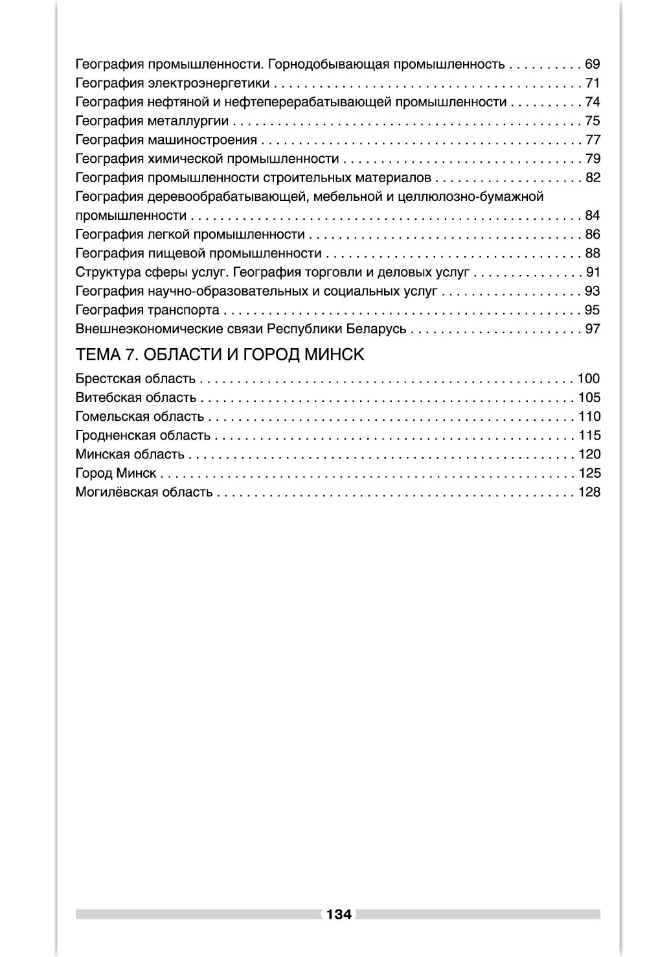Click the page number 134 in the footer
(x=339, y=914)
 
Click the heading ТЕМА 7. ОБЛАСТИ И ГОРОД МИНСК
(x=220, y=355)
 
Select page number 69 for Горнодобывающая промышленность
(x=593, y=64)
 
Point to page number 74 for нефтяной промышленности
(x=593, y=102)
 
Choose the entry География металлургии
(x=152, y=121)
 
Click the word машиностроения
(x=202, y=140)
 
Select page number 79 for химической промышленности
(x=593, y=158)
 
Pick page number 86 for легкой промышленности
(x=593, y=234)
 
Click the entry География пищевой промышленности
(x=198, y=253)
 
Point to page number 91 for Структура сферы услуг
(x=593, y=272)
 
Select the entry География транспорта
(x=147, y=310)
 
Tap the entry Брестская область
(x=135, y=379)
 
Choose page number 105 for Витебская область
(x=589, y=397)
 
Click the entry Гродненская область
(x=142, y=435)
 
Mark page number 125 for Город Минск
(x=589, y=473)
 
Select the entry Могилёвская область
(x=144, y=492)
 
